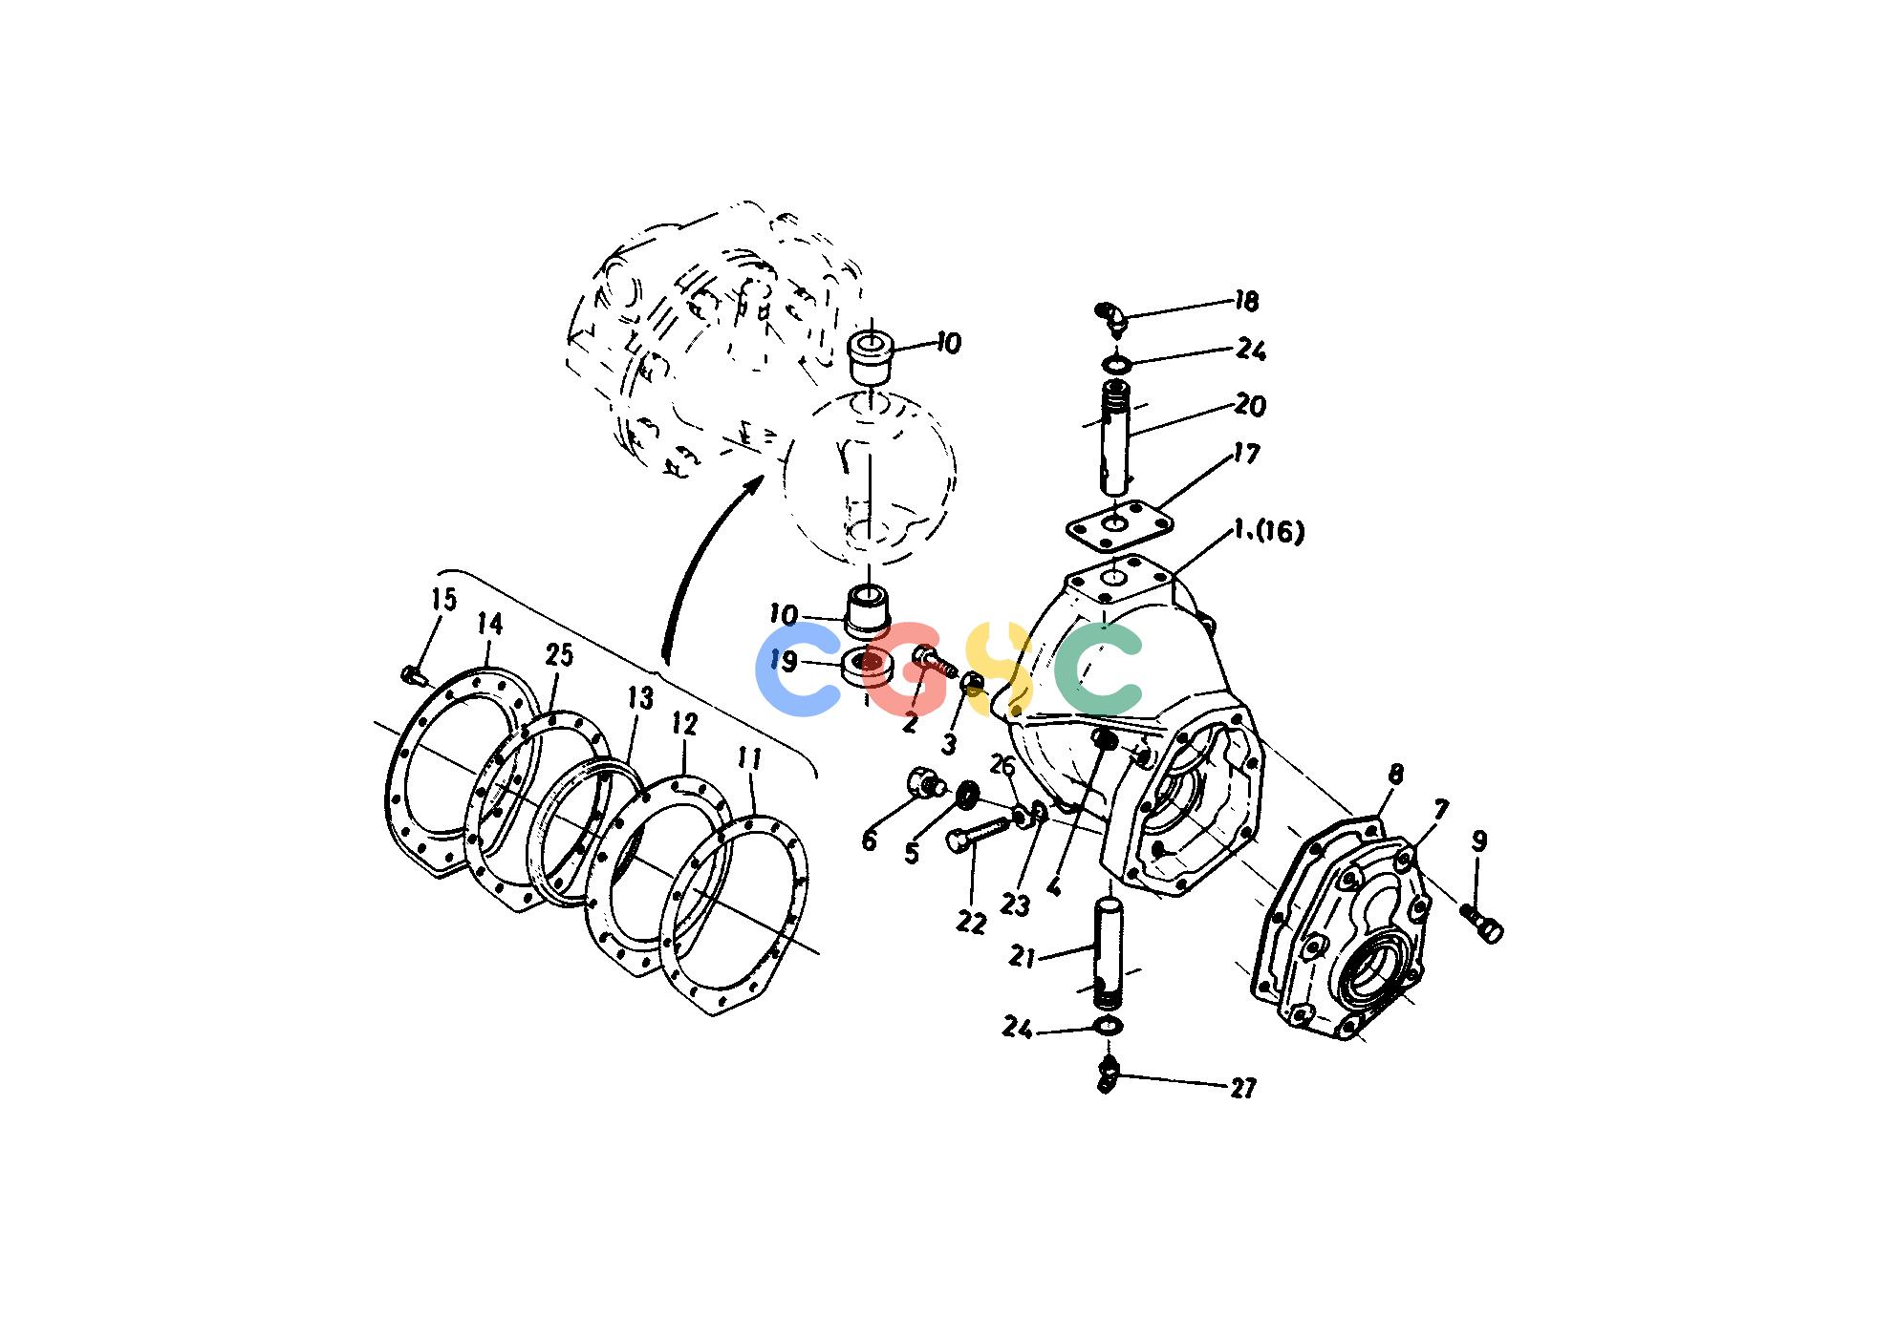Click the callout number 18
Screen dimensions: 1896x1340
[1246, 302]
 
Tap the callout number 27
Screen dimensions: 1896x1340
[1242, 1088]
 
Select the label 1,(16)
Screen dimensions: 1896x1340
[1268, 531]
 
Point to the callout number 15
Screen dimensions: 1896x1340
[443, 600]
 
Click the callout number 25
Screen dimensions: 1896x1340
[559, 655]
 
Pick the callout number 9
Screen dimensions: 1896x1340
[1479, 841]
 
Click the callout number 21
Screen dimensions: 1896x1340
[1023, 956]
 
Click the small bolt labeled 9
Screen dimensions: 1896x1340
[1481, 924]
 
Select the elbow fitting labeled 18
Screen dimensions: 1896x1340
[1111, 317]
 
